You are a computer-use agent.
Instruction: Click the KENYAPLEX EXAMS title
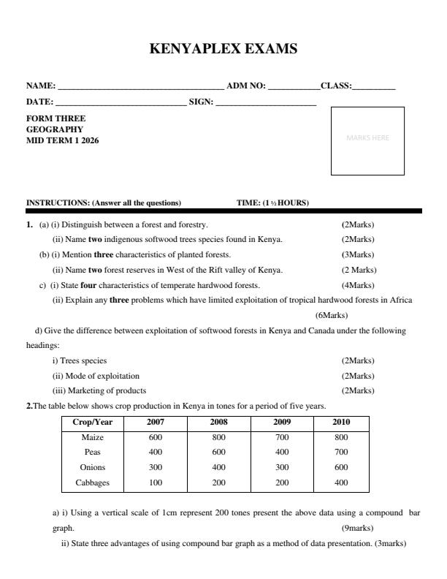tap(223, 50)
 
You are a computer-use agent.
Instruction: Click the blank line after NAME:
tap(141, 88)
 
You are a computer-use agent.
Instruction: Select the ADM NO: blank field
tap(294, 88)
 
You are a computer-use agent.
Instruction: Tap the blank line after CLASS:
tap(373, 88)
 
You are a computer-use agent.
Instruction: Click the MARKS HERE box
tap(367, 141)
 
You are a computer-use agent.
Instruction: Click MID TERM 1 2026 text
tap(62, 140)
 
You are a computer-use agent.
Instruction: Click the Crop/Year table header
tap(93, 423)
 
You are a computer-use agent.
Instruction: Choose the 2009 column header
tap(282, 423)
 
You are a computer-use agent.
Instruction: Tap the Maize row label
tap(93, 437)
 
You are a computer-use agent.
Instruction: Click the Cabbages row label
tap(93, 482)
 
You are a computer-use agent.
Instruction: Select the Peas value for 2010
tap(341, 452)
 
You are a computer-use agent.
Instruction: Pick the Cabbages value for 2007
tap(155, 482)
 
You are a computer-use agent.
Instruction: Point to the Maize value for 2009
tap(282, 437)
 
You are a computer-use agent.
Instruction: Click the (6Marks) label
tap(331, 316)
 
